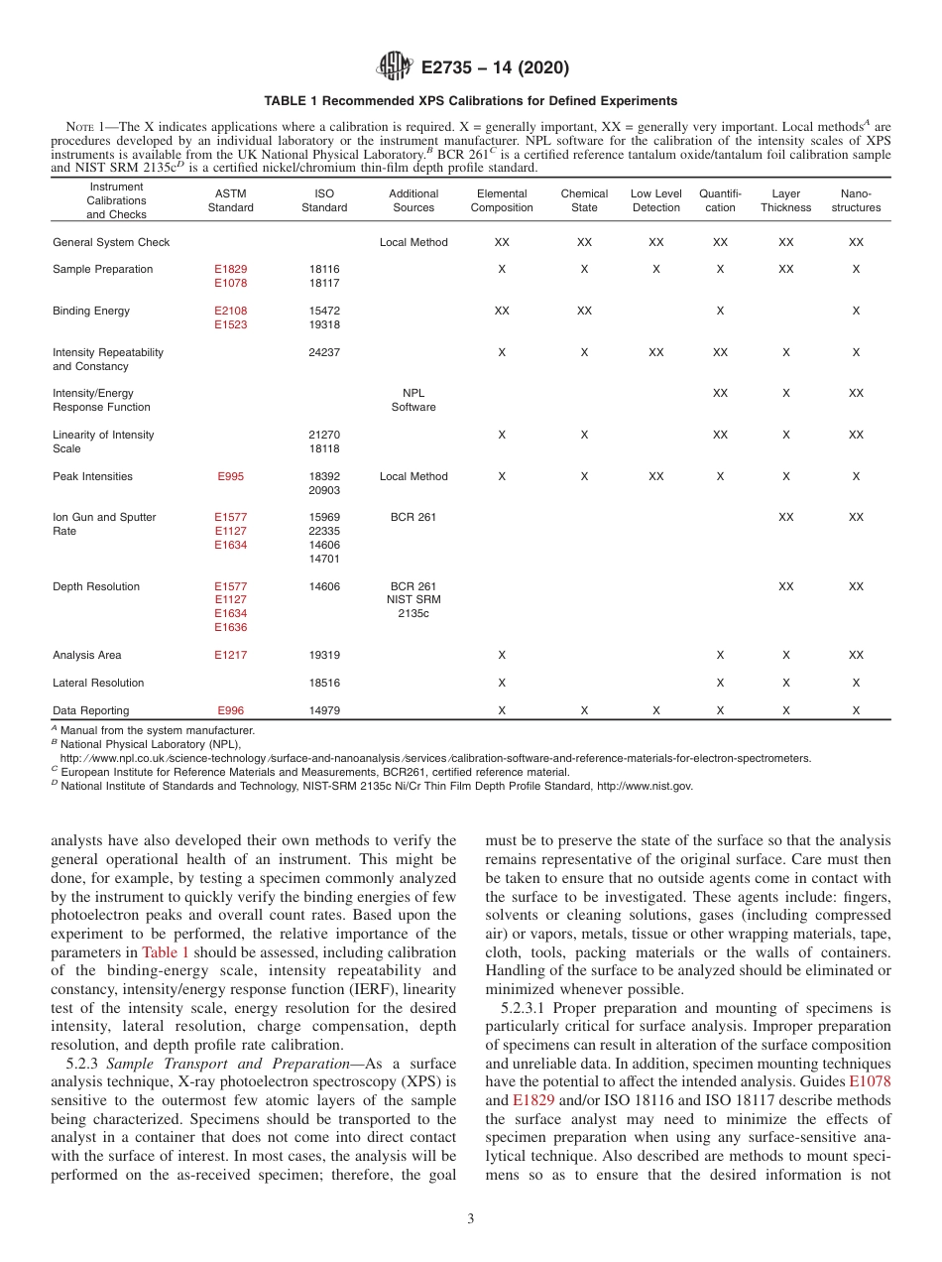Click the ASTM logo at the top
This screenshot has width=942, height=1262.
395,67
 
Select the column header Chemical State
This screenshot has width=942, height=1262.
584,200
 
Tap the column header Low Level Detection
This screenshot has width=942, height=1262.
655,200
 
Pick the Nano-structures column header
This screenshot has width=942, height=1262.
856,200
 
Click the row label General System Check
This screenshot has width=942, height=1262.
111,242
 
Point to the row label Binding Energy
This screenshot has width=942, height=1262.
91,311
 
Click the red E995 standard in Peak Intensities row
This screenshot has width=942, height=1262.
230,476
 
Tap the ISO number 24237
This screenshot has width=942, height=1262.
324,352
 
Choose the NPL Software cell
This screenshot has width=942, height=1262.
413,400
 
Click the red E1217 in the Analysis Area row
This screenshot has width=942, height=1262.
230,655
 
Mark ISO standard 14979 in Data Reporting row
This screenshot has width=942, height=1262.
324,710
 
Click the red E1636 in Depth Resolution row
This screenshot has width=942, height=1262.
230,628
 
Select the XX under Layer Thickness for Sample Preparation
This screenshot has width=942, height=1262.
785,269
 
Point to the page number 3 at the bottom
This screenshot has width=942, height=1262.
471,1219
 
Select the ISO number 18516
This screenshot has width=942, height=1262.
324,683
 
